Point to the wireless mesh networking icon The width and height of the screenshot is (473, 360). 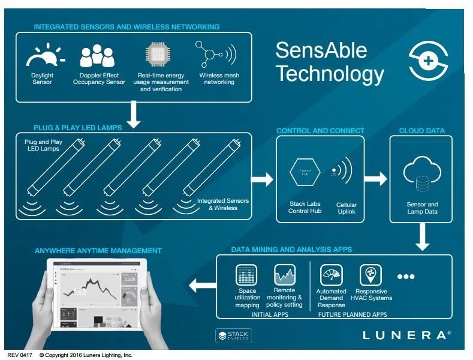pos(216,55)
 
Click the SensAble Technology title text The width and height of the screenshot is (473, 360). pos(329,61)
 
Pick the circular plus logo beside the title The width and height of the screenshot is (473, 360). pos(429,61)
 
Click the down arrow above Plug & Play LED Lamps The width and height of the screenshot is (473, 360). pos(134,115)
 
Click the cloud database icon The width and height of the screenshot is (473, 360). pos(421,175)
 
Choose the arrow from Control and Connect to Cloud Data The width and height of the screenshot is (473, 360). pos(376,178)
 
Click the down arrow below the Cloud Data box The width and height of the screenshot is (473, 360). pos(423,238)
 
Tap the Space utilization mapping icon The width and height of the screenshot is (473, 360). pos(247,275)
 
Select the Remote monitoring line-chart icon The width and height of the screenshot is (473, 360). pos(284,275)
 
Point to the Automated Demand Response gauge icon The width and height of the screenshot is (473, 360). pos(332,275)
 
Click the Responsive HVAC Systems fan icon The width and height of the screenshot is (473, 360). pos(370,275)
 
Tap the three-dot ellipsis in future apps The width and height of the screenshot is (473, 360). pos(405,277)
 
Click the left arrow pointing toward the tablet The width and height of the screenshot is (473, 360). pos(200,285)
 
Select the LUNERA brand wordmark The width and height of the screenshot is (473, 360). pos(406,335)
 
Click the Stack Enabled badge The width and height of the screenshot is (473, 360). pos(233,335)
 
